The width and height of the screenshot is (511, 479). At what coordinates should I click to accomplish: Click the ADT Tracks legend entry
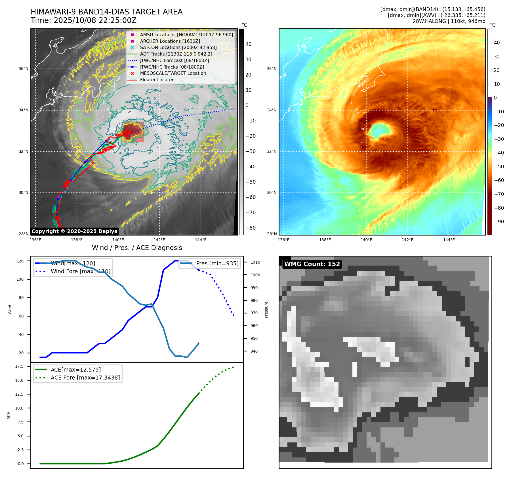(176, 54)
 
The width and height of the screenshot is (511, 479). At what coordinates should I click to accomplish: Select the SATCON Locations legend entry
(178, 47)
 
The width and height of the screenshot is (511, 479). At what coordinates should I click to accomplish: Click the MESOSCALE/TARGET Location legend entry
(173, 73)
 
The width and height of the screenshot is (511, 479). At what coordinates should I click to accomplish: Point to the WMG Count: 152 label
(312, 264)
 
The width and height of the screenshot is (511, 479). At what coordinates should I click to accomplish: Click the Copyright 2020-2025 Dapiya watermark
(74, 231)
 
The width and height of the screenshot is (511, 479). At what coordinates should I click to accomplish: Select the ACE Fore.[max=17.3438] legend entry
(85, 378)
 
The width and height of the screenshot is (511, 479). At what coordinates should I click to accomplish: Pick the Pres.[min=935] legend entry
(217, 263)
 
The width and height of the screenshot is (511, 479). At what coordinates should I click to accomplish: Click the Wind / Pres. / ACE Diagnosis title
(137, 248)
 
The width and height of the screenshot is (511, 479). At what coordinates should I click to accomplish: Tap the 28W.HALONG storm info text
(449, 21)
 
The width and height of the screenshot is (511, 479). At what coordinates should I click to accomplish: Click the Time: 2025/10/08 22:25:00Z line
(84, 20)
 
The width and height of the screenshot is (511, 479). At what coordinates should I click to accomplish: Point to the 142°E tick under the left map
(159, 240)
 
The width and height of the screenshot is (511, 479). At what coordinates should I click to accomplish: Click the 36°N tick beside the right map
(272, 69)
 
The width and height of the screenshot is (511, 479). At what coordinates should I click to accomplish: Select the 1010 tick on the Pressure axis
(255, 262)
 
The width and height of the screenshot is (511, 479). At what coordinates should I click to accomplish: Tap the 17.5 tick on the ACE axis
(19, 366)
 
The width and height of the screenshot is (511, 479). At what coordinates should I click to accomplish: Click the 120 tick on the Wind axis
(20, 261)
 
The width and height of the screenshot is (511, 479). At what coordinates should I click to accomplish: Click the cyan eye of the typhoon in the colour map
(380, 130)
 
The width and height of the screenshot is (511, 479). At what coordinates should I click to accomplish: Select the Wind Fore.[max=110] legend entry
(80, 271)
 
